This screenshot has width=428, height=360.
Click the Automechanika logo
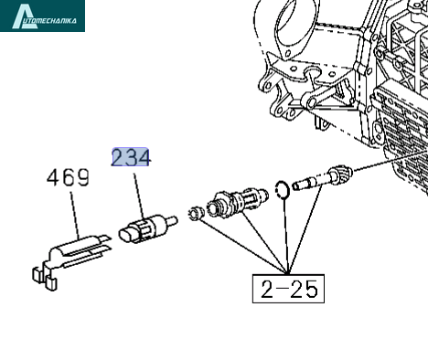42,16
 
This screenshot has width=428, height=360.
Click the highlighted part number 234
131,157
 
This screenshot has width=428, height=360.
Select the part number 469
69,177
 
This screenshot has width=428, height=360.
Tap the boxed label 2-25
288,289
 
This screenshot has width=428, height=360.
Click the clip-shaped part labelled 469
71,258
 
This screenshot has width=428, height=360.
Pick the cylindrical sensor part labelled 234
148,228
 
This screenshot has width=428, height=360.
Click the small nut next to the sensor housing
196,213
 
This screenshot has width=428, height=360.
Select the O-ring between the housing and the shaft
283,190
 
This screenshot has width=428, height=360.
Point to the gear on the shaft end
340,174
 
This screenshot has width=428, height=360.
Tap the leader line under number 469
75,216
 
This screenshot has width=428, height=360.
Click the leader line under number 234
139,196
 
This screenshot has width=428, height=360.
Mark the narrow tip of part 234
172,220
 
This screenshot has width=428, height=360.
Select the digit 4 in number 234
144,158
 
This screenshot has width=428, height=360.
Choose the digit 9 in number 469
83,177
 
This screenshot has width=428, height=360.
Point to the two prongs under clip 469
45,279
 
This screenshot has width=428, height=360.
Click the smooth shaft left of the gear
310,183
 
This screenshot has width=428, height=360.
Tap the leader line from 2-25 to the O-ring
285,235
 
